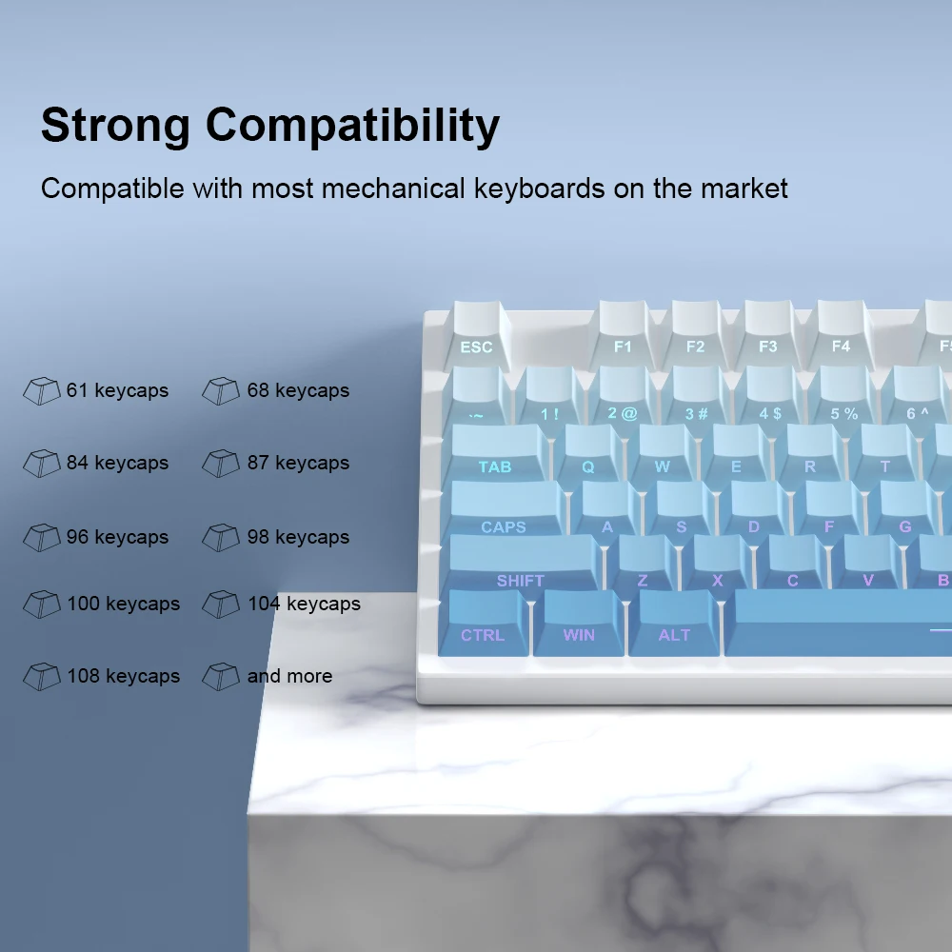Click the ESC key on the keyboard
pyautogui.click(x=477, y=336)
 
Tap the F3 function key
pyautogui.click(x=768, y=334)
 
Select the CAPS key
pyautogui.click(x=505, y=509)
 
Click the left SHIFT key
pyautogui.click(x=523, y=563)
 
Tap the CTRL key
pyautogui.click(x=484, y=623)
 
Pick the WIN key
pyautogui.click(x=579, y=623)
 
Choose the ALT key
pyautogui.click(x=674, y=623)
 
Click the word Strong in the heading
pyautogui.click(x=115, y=126)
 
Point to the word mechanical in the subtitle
pyautogui.click(x=393, y=188)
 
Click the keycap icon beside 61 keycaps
pyautogui.click(x=41, y=390)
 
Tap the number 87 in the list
pyautogui.click(x=257, y=463)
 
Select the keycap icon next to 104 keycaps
pyautogui.click(x=221, y=605)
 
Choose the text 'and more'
pyautogui.click(x=289, y=676)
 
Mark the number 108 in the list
pyautogui.click(x=83, y=676)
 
